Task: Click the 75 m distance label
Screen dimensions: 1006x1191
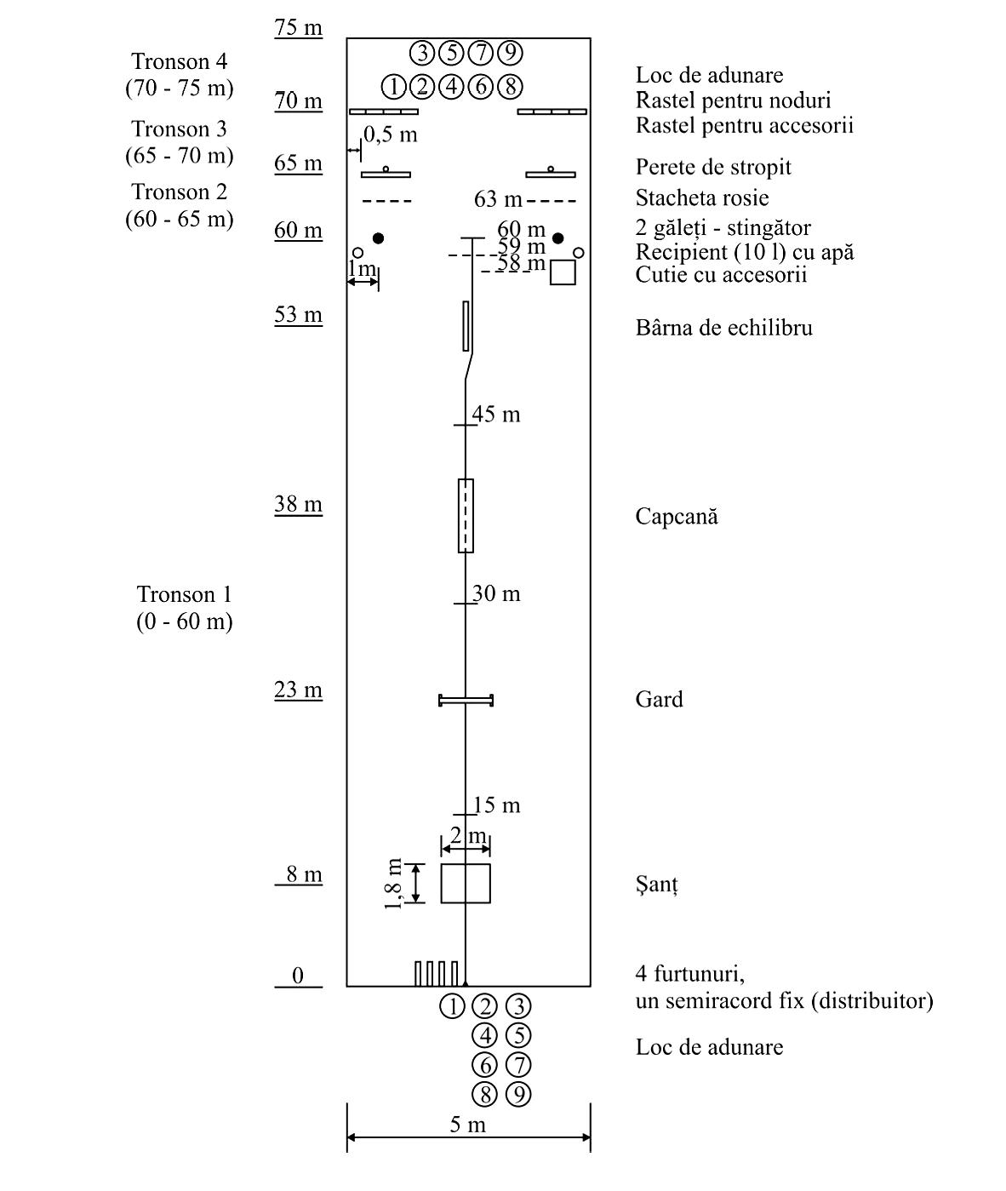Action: click(x=298, y=26)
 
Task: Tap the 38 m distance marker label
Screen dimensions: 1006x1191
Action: click(x=298, y=504)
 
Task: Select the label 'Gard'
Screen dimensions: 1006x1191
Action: click(x=660, y=699)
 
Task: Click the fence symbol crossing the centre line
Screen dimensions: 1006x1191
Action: click(x=466, y=700)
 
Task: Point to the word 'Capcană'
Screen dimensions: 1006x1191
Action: click(x=677, y=516)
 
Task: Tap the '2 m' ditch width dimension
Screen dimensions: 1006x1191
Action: click(x=468, y=836)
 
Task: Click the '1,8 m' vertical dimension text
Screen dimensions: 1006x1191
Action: click(x=393, y=884)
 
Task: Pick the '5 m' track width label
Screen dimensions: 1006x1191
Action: click(x=467, y=1125)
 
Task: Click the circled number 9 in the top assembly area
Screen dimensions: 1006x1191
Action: click(x=511, y=53)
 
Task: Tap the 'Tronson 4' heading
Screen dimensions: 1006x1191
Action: click(x=179, y=61)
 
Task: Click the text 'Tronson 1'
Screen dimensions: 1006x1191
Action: click(x=184, y=594)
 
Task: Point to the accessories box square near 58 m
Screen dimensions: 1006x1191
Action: click(x=563, y=272)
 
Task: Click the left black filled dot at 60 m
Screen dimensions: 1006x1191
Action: click(x=378, y=238)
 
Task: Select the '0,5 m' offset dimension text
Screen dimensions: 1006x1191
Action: click(x=391, y=135)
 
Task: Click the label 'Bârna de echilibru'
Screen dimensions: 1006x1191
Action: click(x=724, y=328)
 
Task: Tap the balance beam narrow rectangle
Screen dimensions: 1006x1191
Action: click(x=466, y=326)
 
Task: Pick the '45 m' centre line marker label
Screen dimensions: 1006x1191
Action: click(x=496, y=414)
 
